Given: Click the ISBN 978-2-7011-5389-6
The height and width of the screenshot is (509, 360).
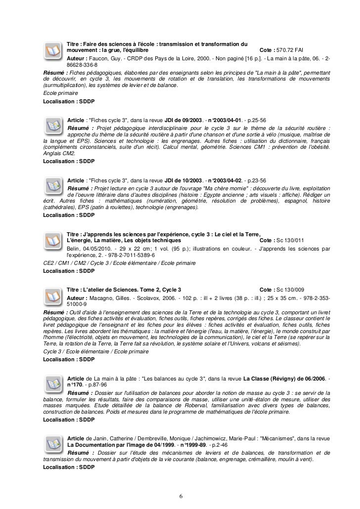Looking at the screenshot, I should [x=126, y=255].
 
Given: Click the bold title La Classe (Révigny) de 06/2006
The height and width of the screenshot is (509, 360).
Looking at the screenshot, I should [x=284, y=379].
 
